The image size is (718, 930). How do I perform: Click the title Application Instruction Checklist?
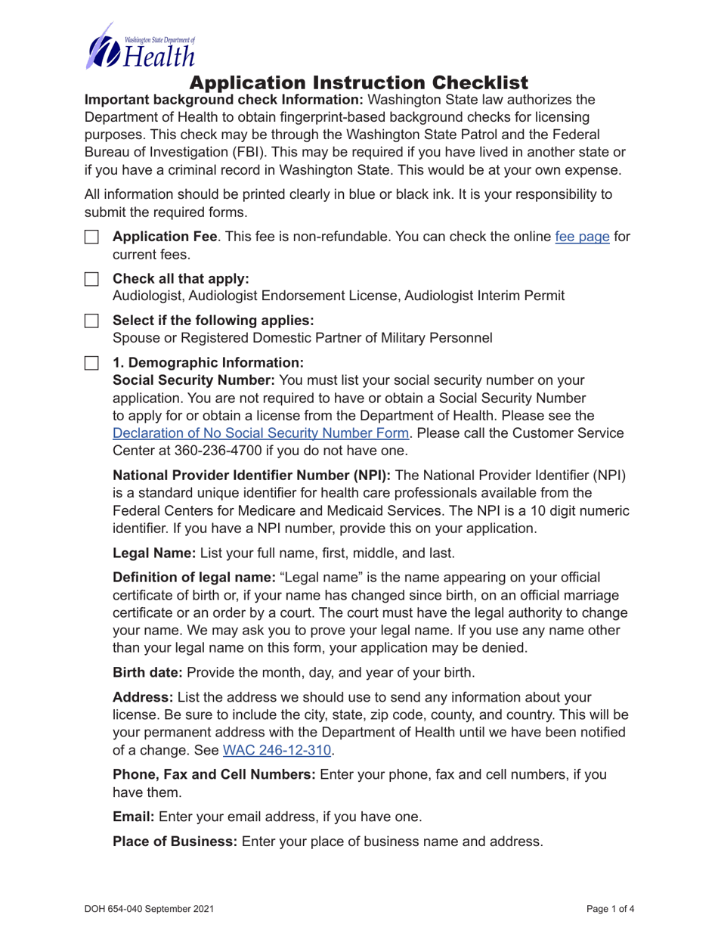pyautogui.click(x=358, y=82)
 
